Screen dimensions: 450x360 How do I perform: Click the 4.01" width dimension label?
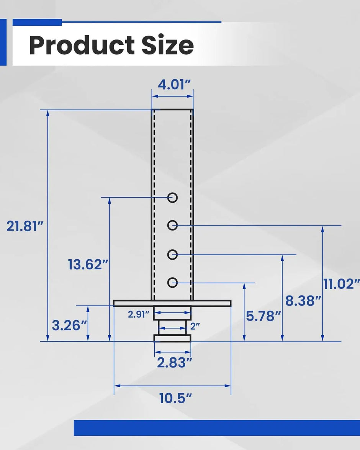[x=174, y=84]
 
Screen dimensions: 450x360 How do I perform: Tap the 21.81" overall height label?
[x=23, y=226]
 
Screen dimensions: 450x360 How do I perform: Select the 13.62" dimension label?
[x=85, y=264]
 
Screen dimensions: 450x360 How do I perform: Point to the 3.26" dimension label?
[x=69, y=326]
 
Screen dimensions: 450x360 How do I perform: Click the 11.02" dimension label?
[x=341, y=284]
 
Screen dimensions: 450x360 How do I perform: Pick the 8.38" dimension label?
[x=303, y=301]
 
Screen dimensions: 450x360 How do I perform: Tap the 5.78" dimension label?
[x=263, y=316]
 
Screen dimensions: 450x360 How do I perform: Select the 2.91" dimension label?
[x=138, y=315]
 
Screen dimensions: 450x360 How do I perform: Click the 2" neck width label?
[x=195, y=327]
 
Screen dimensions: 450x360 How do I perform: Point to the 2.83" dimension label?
[x=174, y=362]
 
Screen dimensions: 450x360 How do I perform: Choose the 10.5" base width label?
[x=175, y=398]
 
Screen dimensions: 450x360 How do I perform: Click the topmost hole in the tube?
[x=173, y=198]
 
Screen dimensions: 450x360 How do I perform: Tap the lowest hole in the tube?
[x=173, y=283]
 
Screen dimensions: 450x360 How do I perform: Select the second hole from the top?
[x=173, y=226]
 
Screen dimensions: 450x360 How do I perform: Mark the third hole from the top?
[x=173, y=254]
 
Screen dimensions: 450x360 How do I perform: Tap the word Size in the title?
[x=167, y=45]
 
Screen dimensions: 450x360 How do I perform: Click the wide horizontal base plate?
[x=172, y=303]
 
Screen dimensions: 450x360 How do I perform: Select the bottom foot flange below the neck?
[x=172, y=338]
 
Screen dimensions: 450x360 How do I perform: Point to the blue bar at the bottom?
[x=216, y=428]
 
